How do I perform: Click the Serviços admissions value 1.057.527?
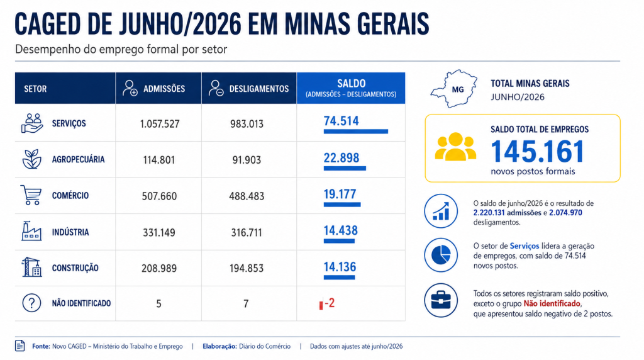pyautogui.click(x=159, y=124)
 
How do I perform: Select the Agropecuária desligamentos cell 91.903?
pyautogui.click(x=247, y=160)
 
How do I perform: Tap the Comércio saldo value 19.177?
pyautogui.click(x=340, y=194)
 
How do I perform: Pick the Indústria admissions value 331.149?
pyautogui.click(x=159, y=233)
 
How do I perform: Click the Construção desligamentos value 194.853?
pyautogui.click(x=247, y=268)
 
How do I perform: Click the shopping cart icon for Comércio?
pyautogui.click(x=31, y=195)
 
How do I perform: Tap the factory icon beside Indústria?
pyautogui.click(x=31, y=231)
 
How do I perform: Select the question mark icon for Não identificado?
pyautogui.click(x=31, y=303)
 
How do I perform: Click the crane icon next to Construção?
pyautogui.click(x=31, y=267)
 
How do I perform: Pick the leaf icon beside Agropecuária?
pyautogui.click(x=31, y=159)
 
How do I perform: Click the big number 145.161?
pyautogui.click(x=538, y=152)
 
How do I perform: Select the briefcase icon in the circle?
pyautogui.click(x=441, y=300)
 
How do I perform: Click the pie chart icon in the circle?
pyautogui.click(x=441, y=255)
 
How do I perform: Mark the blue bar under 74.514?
pyautogui.click(x=356, y=132)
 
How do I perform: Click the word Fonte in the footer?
pyautogui.click(x=41, y=346)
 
